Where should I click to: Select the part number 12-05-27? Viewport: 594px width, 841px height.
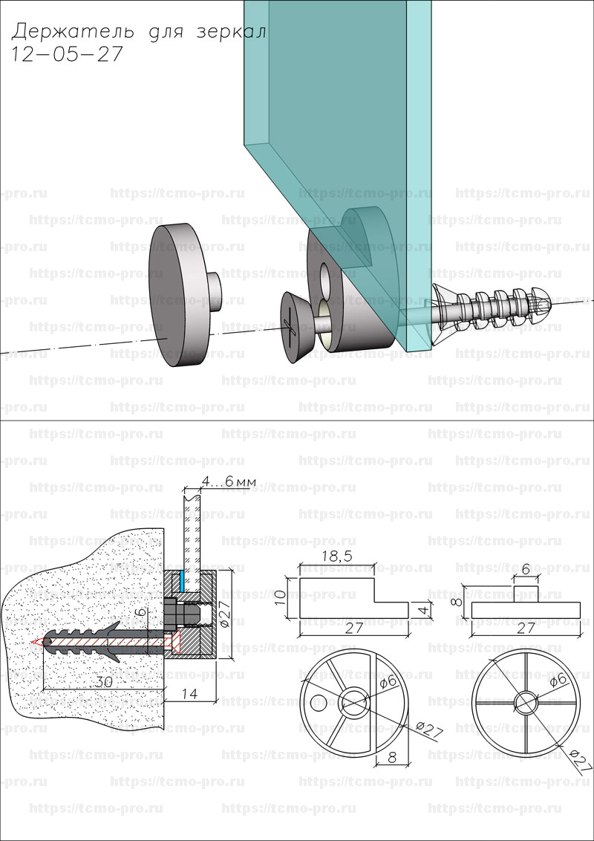click(x=68, y=55)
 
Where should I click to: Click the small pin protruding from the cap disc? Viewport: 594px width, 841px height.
click(x=214, y=292)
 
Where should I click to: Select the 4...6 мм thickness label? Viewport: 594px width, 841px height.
click(x=230, y=482)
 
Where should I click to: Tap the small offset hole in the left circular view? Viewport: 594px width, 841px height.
click(x=319, y=701)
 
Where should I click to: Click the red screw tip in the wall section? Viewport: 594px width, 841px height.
click(x=37, y=641)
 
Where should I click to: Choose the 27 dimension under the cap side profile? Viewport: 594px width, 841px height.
click(x=525, y=629)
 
